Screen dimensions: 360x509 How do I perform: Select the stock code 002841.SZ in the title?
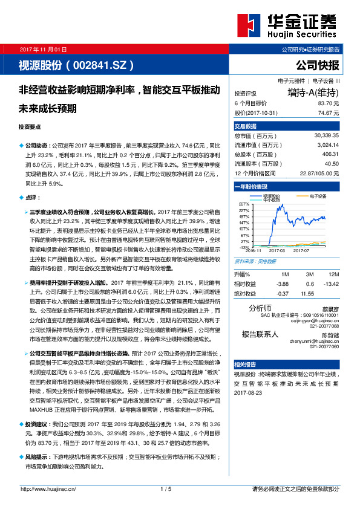click(x=100, y=63)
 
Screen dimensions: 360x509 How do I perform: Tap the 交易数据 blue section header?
click(x=246, y=126)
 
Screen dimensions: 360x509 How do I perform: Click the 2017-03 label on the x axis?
click(x=277, y=250)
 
